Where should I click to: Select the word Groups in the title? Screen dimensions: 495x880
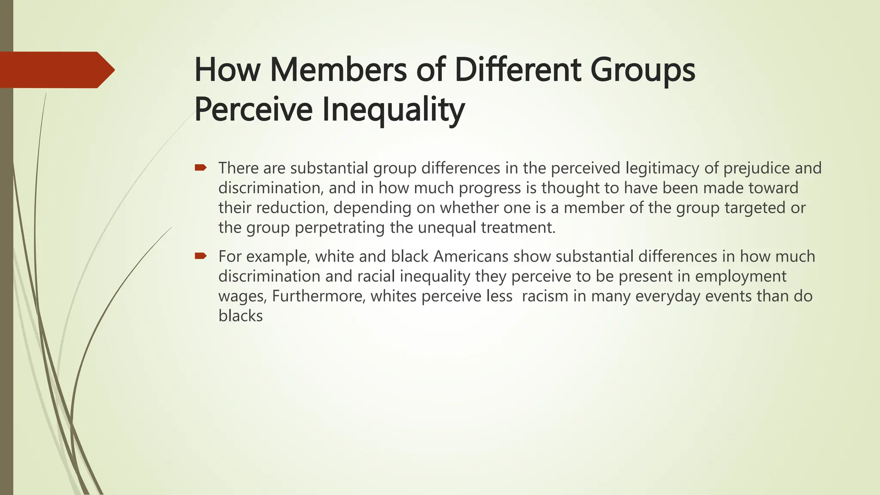643,70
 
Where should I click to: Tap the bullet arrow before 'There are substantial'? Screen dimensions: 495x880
201,168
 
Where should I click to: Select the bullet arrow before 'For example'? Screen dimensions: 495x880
201,257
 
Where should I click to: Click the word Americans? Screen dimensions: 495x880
471,257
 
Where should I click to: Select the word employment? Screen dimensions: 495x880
741,276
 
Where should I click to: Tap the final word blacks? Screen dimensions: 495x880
240,316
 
